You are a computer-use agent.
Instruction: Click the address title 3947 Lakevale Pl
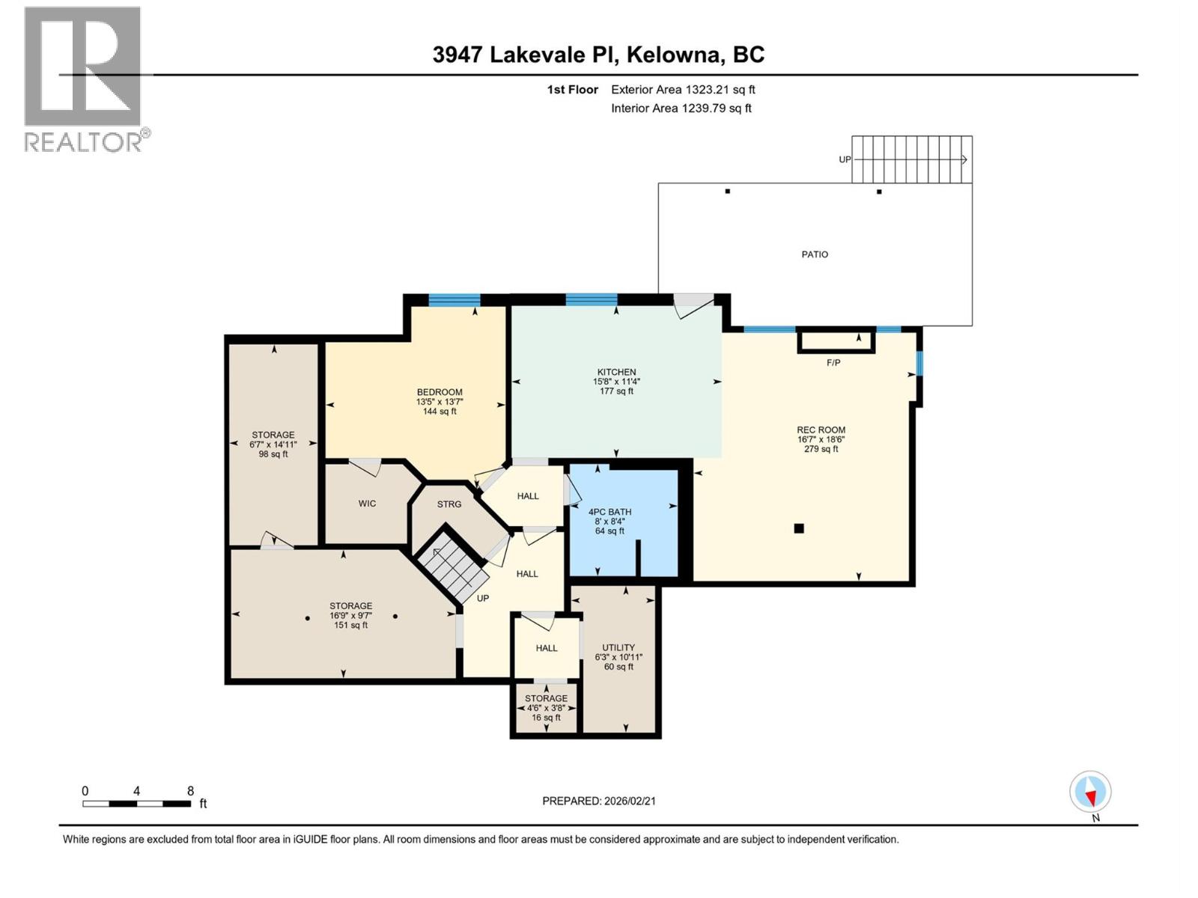(598, 55)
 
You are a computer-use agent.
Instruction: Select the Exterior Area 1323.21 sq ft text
(682, 90)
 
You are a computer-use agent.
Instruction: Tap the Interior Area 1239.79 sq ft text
(681, 109)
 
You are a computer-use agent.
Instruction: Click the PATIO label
(815, 254)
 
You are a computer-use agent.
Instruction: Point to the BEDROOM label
(440, 392)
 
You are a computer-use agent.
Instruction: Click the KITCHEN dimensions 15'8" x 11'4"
(616, 382)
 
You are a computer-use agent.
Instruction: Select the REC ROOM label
(821, 430)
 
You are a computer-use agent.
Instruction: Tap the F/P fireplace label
(833, 363)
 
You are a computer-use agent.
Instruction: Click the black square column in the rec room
(799, 528)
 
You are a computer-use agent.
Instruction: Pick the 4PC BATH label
(609, 513)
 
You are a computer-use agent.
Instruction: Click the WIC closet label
(367, 504)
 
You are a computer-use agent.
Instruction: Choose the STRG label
(449, 504)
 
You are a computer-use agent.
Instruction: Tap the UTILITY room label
(618, 648)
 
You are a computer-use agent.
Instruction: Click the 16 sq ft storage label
(546, 718)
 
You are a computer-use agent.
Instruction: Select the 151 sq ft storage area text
(350, 626)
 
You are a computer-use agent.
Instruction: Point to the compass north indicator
(1090, 792)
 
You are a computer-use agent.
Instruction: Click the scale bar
(136, 804)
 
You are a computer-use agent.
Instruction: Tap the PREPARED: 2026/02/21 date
(599, 801)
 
